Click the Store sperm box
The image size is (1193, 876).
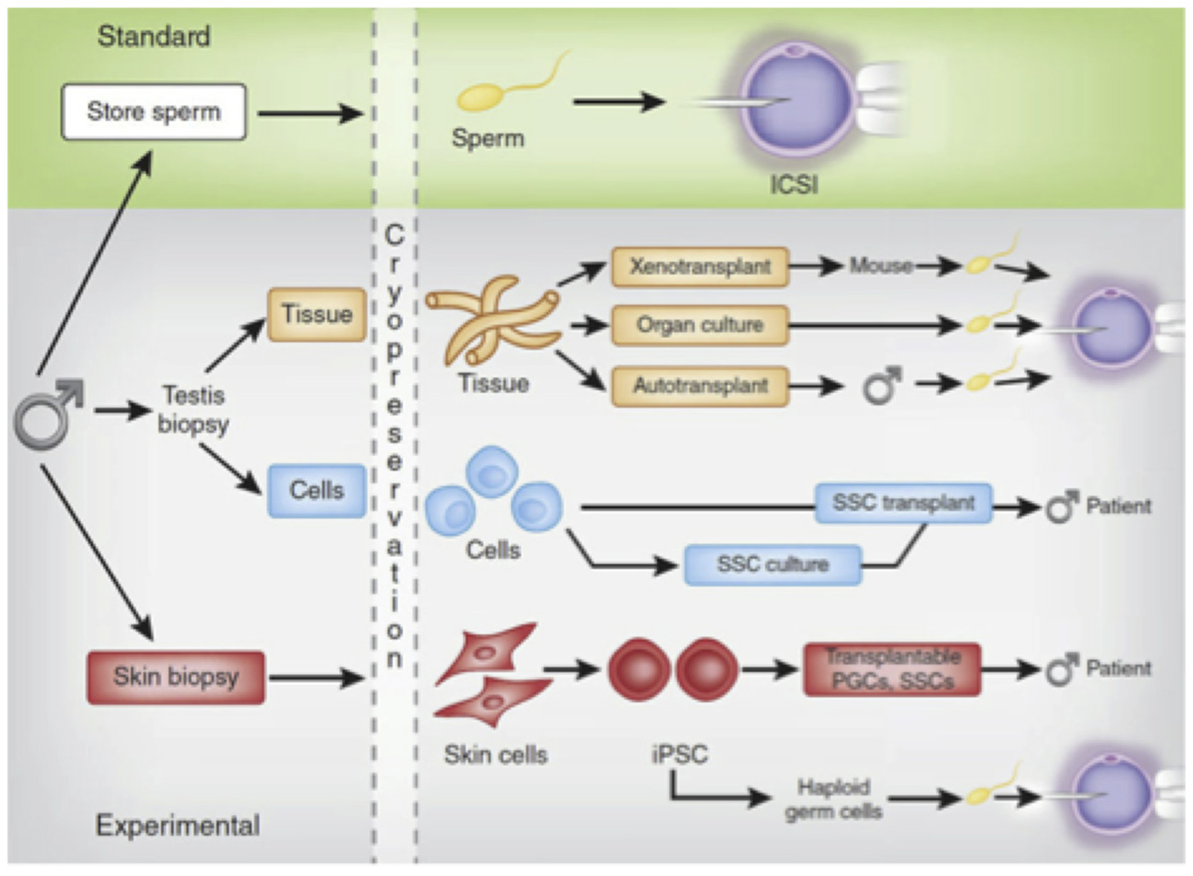click(154, 111)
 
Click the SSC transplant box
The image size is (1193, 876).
click(903, 504)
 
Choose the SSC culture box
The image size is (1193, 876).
click(772, 565)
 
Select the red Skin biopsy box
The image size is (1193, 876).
click(175, 677)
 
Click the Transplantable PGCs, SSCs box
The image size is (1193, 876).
click(892, 668)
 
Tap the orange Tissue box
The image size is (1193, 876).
click(316, 314)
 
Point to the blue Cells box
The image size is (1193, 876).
click(316, 491)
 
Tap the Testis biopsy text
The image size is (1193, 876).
click(182, 411)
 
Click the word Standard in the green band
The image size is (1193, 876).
click(154, 37)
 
